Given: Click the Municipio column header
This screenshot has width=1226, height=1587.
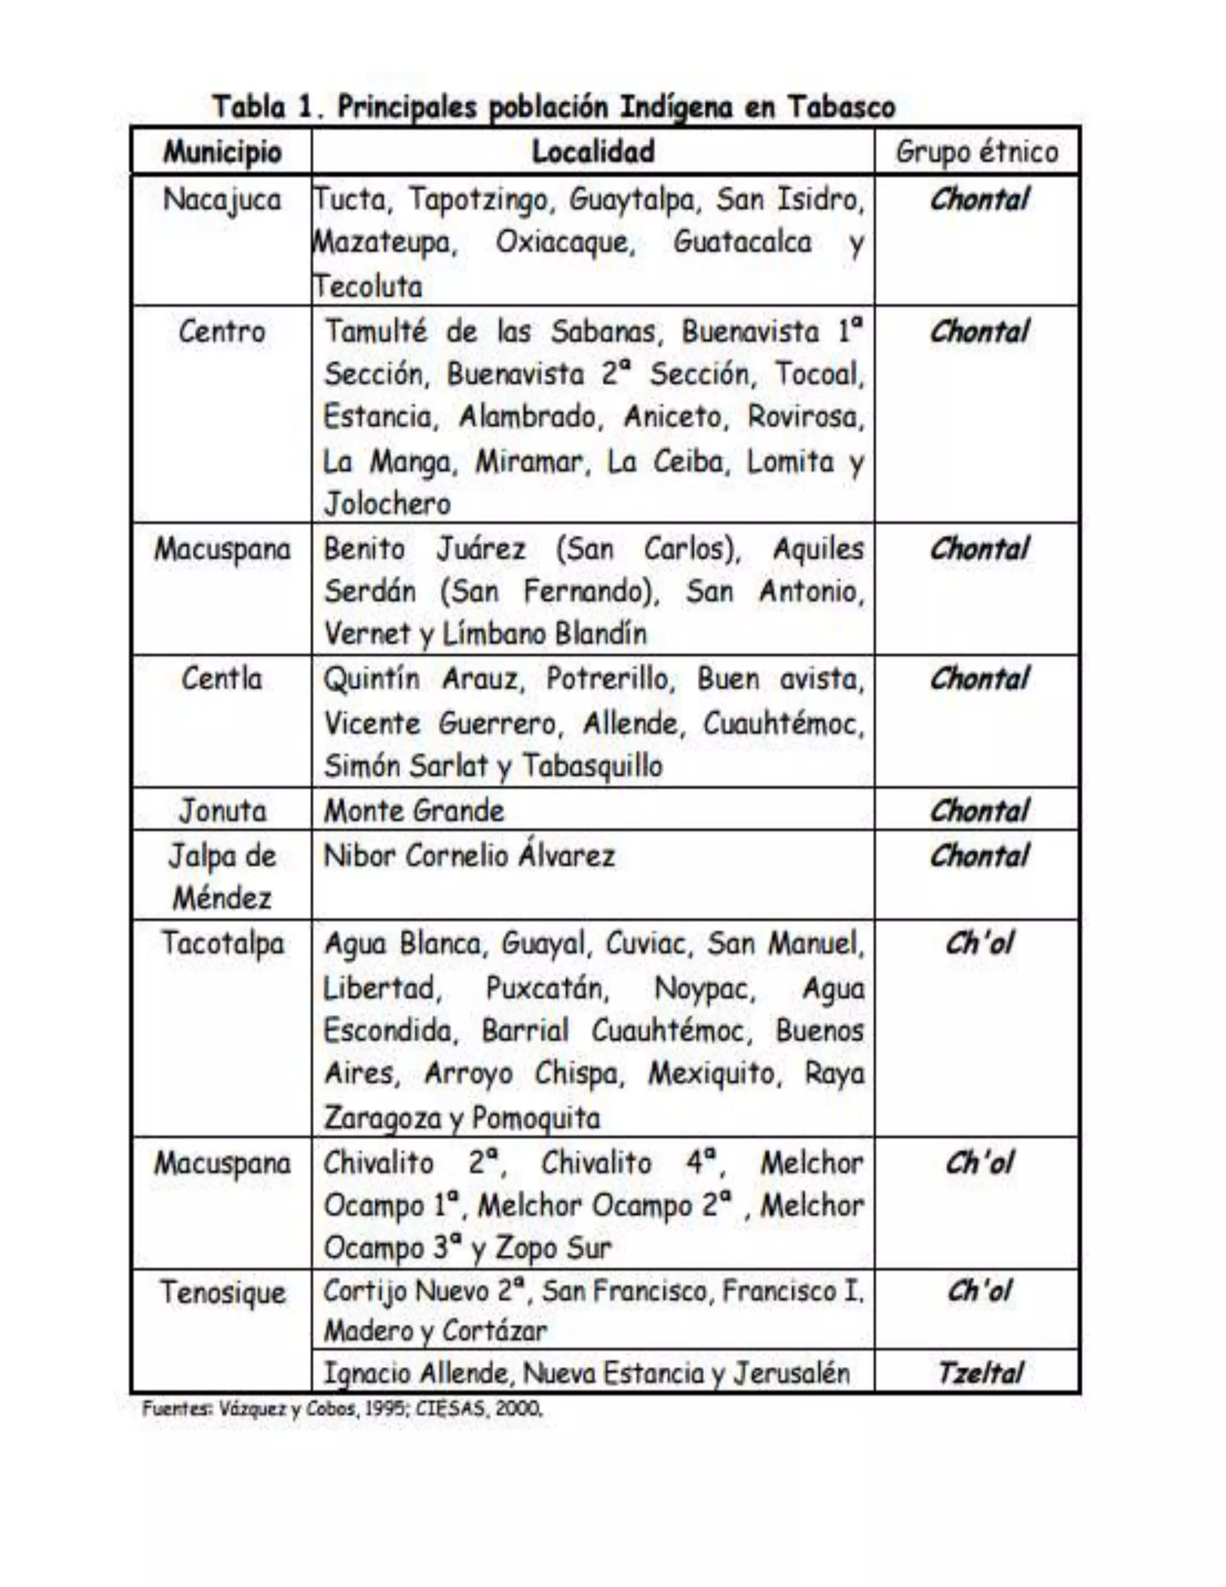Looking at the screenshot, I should pyautogui.click(x=222, y=153).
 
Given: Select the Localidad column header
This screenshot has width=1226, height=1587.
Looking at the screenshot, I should pyautogui.click(x=593, y=152).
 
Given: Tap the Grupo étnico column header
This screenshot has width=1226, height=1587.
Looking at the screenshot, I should pyautogui.click(x=977, y=153).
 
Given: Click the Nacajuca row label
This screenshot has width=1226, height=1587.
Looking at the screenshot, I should pyautogui.click(x=222, y=200).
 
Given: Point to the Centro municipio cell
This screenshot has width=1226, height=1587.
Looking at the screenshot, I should pyautogui.click(x=222, y=332).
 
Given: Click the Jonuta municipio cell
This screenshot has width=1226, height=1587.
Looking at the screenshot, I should pyautogui.click(x=222, y=811).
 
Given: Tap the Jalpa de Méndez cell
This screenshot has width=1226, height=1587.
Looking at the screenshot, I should pyautogui.click(x=222, y=876).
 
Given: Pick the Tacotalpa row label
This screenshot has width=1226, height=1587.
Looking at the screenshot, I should pyautogui.click(x=222, y=944).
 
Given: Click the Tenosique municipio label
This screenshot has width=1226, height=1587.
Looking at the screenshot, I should pyautogui.click(x=222, y=1293).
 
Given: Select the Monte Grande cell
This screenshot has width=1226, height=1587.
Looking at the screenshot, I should pyautogui.click(x=414, y=811).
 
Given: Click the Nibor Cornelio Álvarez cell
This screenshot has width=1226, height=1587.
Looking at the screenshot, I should pyautogui.click(x=469, y=856).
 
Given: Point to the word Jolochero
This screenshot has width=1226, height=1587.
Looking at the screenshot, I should pyautogui.click(x=387, y=504).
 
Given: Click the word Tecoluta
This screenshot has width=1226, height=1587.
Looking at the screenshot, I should pyautogui.click(x=368, y=286).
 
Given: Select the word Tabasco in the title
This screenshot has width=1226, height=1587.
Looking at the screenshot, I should pyautogui.click(x=841, y=108).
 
